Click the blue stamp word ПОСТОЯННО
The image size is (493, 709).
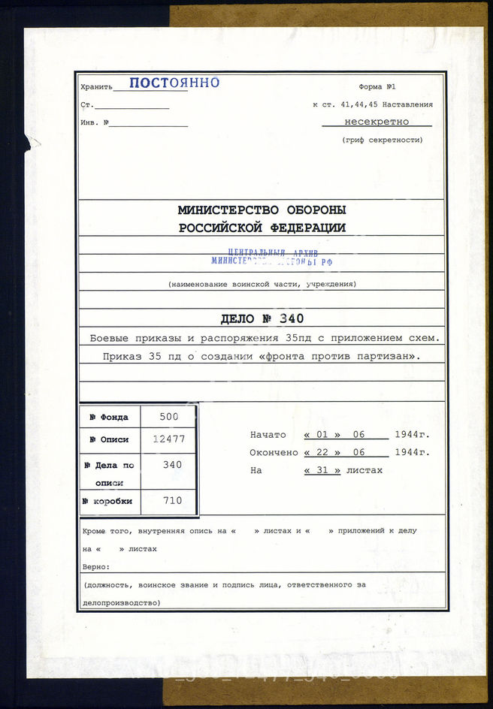[174, 83]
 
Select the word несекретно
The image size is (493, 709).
[377, 121]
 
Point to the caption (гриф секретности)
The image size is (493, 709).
[382, 140]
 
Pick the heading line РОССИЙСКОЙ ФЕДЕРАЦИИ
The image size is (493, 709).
[262, 228]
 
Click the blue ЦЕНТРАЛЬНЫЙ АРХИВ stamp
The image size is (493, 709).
[272, 258]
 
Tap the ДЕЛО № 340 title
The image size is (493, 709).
[261, 318]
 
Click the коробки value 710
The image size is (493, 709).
[172, 500]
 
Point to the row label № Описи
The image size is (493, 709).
[109, 439]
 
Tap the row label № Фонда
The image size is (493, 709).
[109, 417]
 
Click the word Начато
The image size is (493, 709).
[268, 435]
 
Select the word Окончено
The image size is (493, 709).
[274, 453]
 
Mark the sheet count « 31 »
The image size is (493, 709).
[322, 470]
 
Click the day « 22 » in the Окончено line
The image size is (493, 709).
[322, 453]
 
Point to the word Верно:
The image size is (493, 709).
[96, 567]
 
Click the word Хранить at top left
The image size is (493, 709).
[96, 87]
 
